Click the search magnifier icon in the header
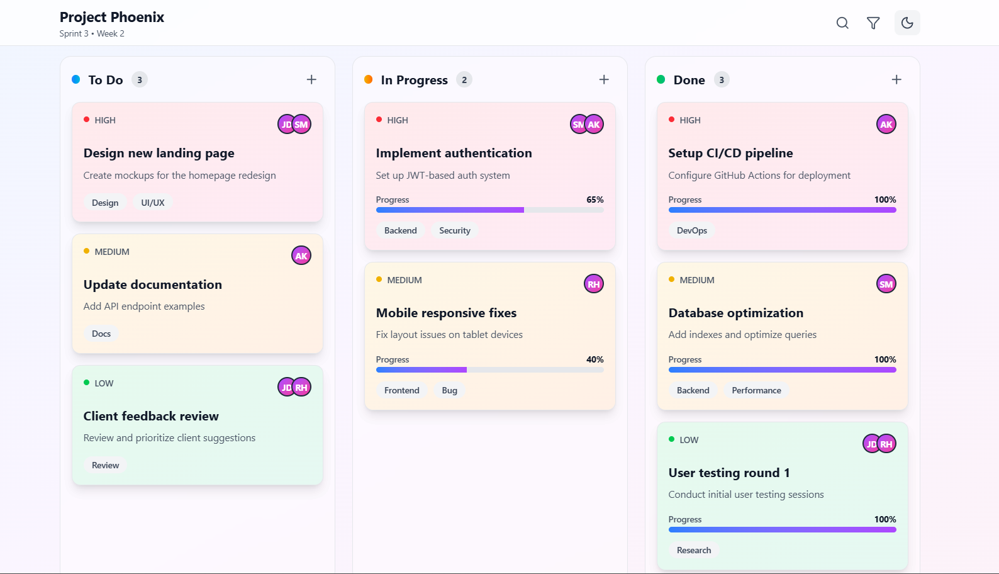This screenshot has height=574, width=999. tap(842, 23)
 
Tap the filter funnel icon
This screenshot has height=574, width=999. tap(873, 23)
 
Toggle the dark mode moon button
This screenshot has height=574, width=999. tap(907, 23)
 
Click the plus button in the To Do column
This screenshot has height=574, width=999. tap(311, 79)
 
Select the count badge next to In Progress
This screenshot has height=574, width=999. tap(464, 80)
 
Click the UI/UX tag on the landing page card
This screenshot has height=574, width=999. tap(153, 203)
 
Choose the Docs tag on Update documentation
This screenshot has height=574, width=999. tap(101, 334)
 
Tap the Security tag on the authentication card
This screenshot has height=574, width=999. tap(454, 230)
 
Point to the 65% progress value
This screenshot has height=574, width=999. tap(594, 200)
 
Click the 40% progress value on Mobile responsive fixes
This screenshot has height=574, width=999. tap(594, 359)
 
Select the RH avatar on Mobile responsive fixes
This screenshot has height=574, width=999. tap(593, 284)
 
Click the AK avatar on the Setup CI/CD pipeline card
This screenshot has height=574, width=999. tap(886, 125)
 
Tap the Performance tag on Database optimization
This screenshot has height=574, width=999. tap(756, 390)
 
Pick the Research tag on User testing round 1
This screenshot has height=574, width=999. tap(694, 550)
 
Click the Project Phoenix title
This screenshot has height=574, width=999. tap(112, 17)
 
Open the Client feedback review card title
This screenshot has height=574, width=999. tap(151, 416)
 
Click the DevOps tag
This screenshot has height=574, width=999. tap(691, 230)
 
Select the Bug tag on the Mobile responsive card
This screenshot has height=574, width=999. tap(449, 390)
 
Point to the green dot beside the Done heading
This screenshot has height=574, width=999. tap(661, 79)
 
